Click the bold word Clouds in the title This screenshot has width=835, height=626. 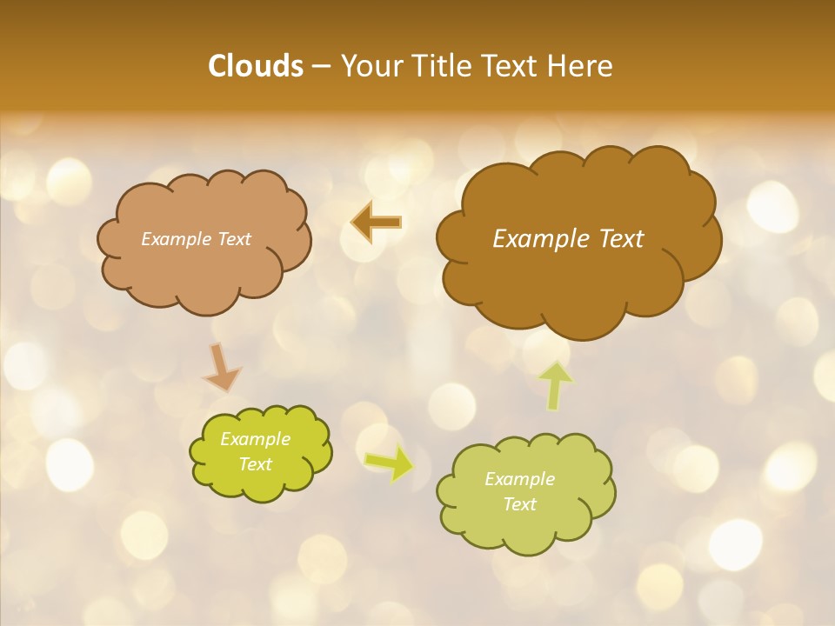[256, 66]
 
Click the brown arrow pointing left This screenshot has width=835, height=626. [377, 223]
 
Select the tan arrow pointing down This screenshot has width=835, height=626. [223, 367]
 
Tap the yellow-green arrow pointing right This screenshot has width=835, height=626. [389, 463]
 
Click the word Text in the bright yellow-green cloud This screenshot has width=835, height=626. [256, 464]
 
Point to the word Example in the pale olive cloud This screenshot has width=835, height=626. [519, 479]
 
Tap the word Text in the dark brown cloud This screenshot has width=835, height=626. [621, 239]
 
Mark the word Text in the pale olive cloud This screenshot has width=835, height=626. [519, 504]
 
